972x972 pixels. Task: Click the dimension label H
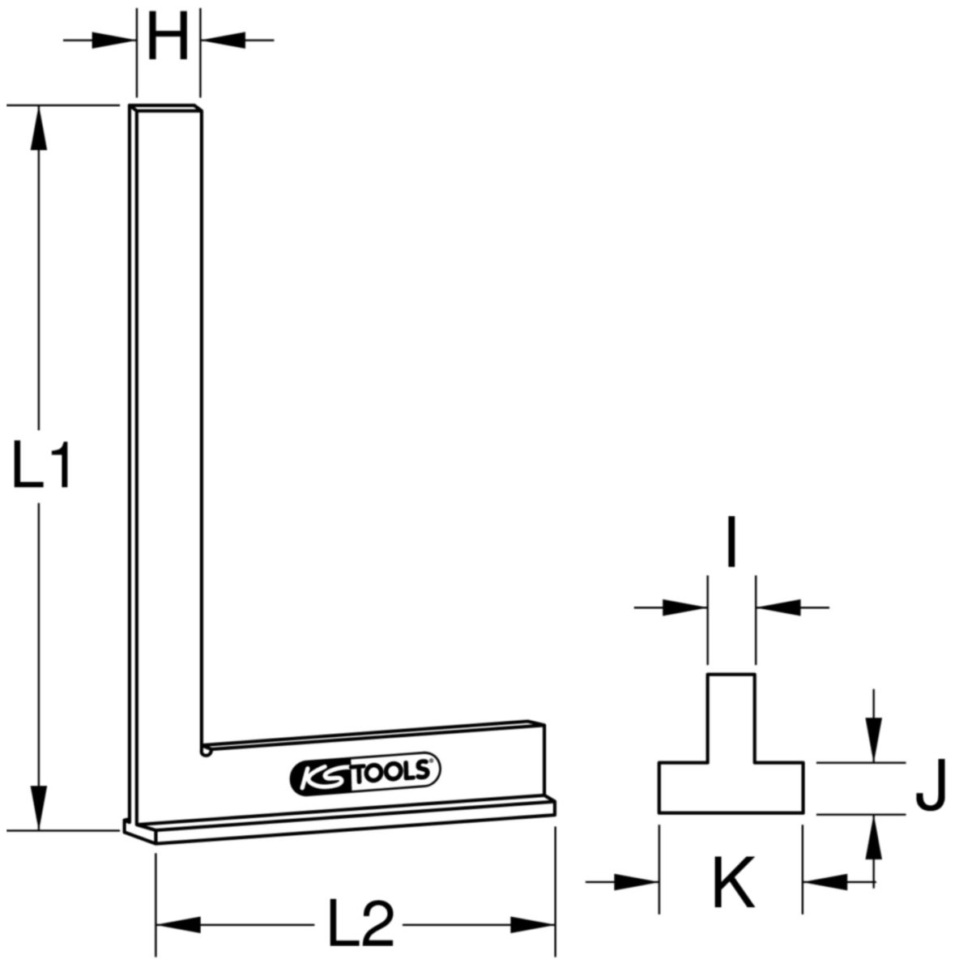click(168, 36)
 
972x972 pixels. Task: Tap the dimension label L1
click(40, 465)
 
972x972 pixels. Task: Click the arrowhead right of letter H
click(223, 40)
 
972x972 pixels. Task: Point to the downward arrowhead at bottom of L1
click(39, 808)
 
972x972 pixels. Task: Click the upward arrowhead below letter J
click(874, 837)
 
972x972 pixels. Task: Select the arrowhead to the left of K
click(637, 882)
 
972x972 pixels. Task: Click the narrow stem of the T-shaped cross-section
click(731, 718)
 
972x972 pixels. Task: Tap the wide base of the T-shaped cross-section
click(731, 787)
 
